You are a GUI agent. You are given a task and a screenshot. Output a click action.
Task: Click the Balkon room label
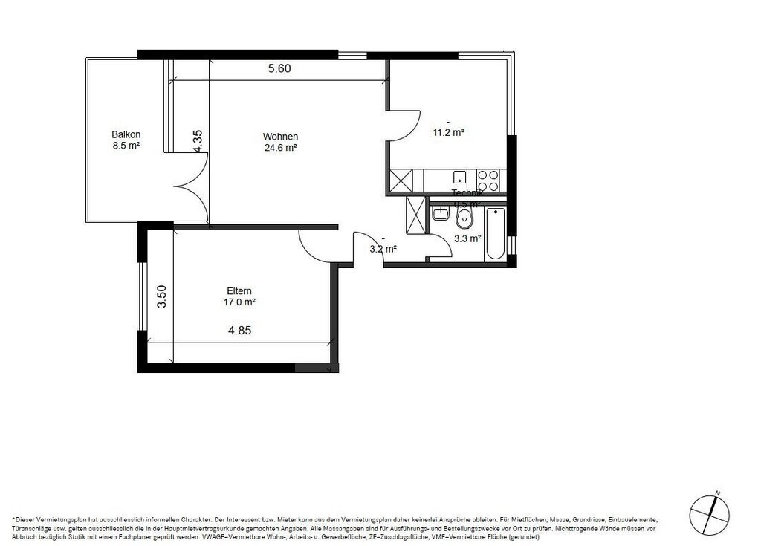(x=126, y=134)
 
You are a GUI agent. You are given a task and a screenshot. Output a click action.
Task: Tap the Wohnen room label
(x=280, y=137)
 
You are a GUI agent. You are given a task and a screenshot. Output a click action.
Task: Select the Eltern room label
(x=239, y=291)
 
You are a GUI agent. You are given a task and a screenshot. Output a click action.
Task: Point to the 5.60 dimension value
(x=279, y=68)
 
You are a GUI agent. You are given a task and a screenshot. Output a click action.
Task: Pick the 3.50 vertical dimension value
(x=161, y=296)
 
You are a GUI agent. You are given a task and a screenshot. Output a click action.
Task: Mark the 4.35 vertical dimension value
(x=198, y=141)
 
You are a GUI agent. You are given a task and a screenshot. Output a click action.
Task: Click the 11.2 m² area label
(x=449, y=133)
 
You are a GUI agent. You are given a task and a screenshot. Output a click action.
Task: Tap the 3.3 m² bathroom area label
(x=467, y=238)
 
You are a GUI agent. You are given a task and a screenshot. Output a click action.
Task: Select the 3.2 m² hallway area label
(x=383, y=249)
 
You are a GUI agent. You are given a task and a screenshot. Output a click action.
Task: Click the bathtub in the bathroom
(x=495, y=233)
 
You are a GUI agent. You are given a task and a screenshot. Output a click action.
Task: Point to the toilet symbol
(x=465, y=218)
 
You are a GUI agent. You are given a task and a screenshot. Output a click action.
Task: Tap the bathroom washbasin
(x=439, y=214)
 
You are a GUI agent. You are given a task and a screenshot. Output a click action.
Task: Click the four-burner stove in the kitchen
(x=488, y=181)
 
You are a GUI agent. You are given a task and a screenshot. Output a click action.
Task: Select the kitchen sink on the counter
(x=460, y=178)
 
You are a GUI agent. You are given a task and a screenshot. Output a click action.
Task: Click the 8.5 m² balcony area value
(x=126, y=146)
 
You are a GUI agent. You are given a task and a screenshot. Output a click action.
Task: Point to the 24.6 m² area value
(x=280, y=148)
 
